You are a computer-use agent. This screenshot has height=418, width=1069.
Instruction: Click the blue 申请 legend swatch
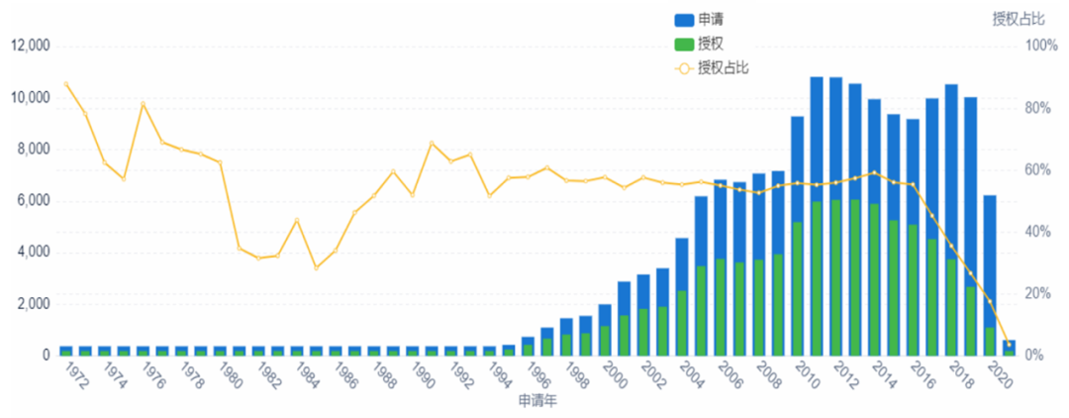point(684,20)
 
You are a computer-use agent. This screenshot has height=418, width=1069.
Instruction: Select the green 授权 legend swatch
point(684,45)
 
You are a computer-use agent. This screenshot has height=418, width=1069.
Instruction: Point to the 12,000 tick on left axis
point(31,46)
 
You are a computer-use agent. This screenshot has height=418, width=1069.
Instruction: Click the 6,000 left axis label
point(35,200)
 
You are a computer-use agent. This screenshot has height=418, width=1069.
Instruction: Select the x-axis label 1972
point(72,377)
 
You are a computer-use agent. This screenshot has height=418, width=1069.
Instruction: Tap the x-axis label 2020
point(1002,377)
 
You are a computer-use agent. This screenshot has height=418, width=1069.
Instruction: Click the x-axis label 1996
point(537,377)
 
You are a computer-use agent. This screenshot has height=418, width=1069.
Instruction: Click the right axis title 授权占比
point(1019,19)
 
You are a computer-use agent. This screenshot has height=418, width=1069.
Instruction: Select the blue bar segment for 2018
point(951,168)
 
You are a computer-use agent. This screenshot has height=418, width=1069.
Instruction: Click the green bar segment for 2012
point(835,277)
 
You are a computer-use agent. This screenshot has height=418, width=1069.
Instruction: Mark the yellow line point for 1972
point(65,83)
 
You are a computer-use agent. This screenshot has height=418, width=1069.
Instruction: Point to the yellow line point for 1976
point(143,103)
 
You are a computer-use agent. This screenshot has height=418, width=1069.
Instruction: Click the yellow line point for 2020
point(1009,344)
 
